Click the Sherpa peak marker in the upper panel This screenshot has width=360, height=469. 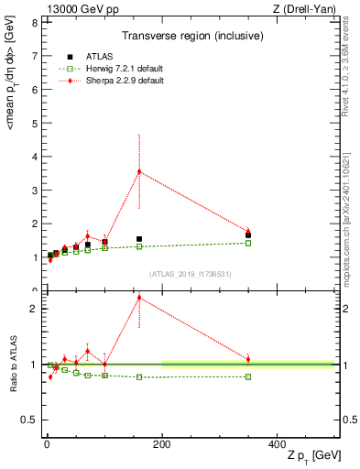139,171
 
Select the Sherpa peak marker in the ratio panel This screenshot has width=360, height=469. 139,297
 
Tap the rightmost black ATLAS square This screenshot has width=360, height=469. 248,235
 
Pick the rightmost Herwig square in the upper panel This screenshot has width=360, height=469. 248,243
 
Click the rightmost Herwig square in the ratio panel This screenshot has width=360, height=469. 248,376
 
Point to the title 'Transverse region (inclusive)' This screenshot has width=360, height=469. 190,36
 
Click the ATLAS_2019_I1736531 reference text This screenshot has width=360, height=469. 190,274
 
